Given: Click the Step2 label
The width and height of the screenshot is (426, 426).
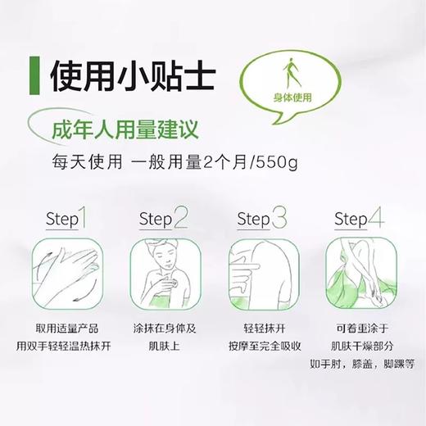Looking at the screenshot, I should click(x=162, y=219).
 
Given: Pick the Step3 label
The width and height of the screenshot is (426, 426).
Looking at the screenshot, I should click(x=261, y=219).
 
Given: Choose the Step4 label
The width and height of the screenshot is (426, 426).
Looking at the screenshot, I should click(x=360, y=219).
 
